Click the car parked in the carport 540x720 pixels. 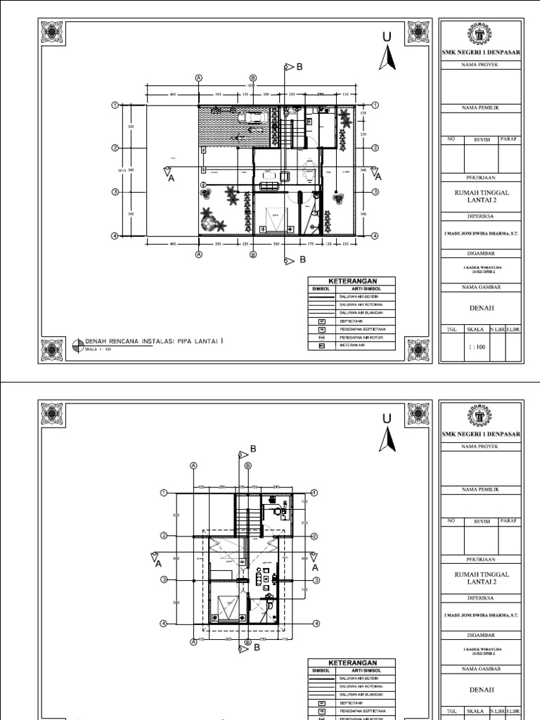(251, 118)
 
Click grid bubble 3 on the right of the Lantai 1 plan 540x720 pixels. (375, 192)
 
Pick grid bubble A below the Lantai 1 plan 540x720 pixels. (199, 254)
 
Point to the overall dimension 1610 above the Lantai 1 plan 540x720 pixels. (250, 86)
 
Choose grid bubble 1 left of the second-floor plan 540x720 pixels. (163, 492)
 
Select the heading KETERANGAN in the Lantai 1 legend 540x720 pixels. (352, 280)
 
